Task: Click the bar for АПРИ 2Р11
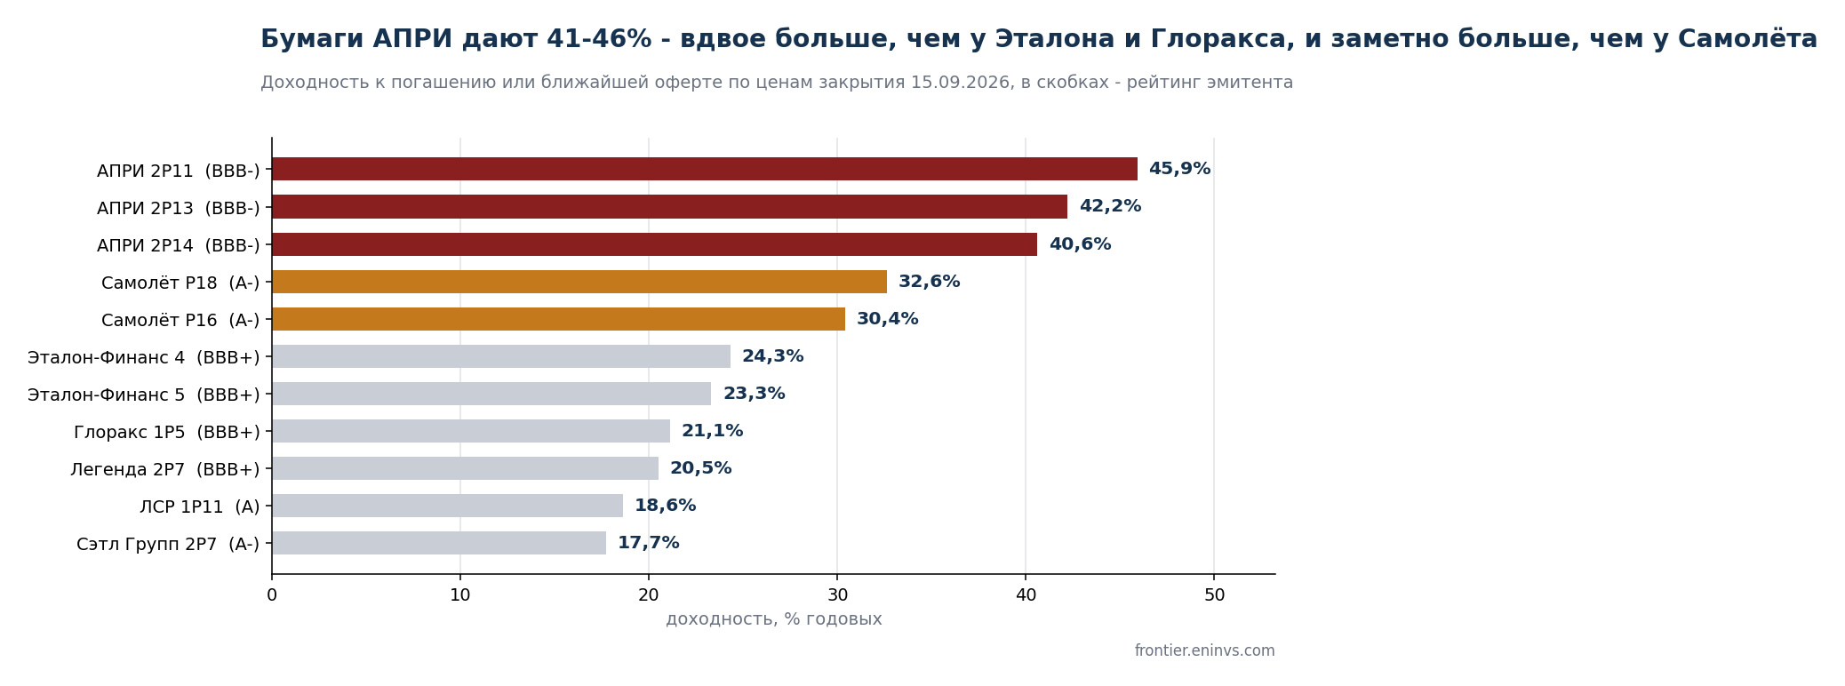[x=705, y=169]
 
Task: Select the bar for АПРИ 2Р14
[x=655, y=244]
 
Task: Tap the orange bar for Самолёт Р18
[x=579, y=282]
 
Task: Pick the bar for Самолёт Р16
[x=559, y=319]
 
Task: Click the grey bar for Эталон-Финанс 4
[x=501, y=356]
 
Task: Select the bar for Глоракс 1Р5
[x=471, y=431]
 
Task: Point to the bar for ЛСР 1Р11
[x=448, y=506]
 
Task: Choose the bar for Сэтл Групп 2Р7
[x=439, y=543]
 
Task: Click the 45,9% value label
[x=1179, y=169]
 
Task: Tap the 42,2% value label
[x=1110, y=206]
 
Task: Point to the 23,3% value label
[x=754, y=394]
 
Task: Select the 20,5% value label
[x=700, y=468]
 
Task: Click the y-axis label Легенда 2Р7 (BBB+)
[x=165, y=469]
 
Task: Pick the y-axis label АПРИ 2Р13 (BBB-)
[x=179, y=208]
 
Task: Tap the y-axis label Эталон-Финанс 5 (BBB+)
[x=144, y=395]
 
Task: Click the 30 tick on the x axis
[x=837, y=595]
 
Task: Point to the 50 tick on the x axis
[x=1214, y=595]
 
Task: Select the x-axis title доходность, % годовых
[x=774, y=619]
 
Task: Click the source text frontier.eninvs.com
[x=1204, y=650]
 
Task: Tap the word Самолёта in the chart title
[x=1747, y=39]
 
